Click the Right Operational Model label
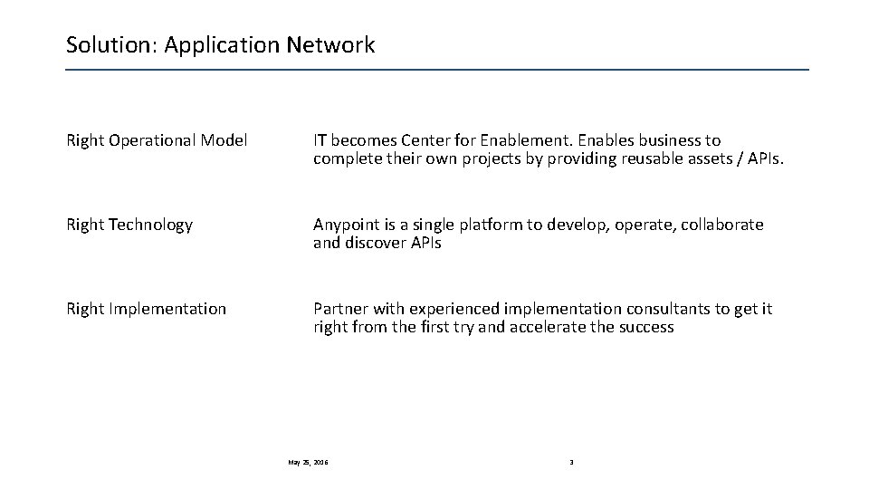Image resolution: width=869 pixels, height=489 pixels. pos(157,141)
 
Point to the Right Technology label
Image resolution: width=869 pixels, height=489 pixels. pos(129,225)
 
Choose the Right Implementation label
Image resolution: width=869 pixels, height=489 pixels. pos(146,309)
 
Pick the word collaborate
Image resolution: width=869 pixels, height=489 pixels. pos(721,225)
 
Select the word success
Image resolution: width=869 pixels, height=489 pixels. pos(645,327)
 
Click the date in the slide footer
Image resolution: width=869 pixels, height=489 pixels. pos(308,463)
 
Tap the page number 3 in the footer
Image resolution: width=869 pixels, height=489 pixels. pos(571,463)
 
